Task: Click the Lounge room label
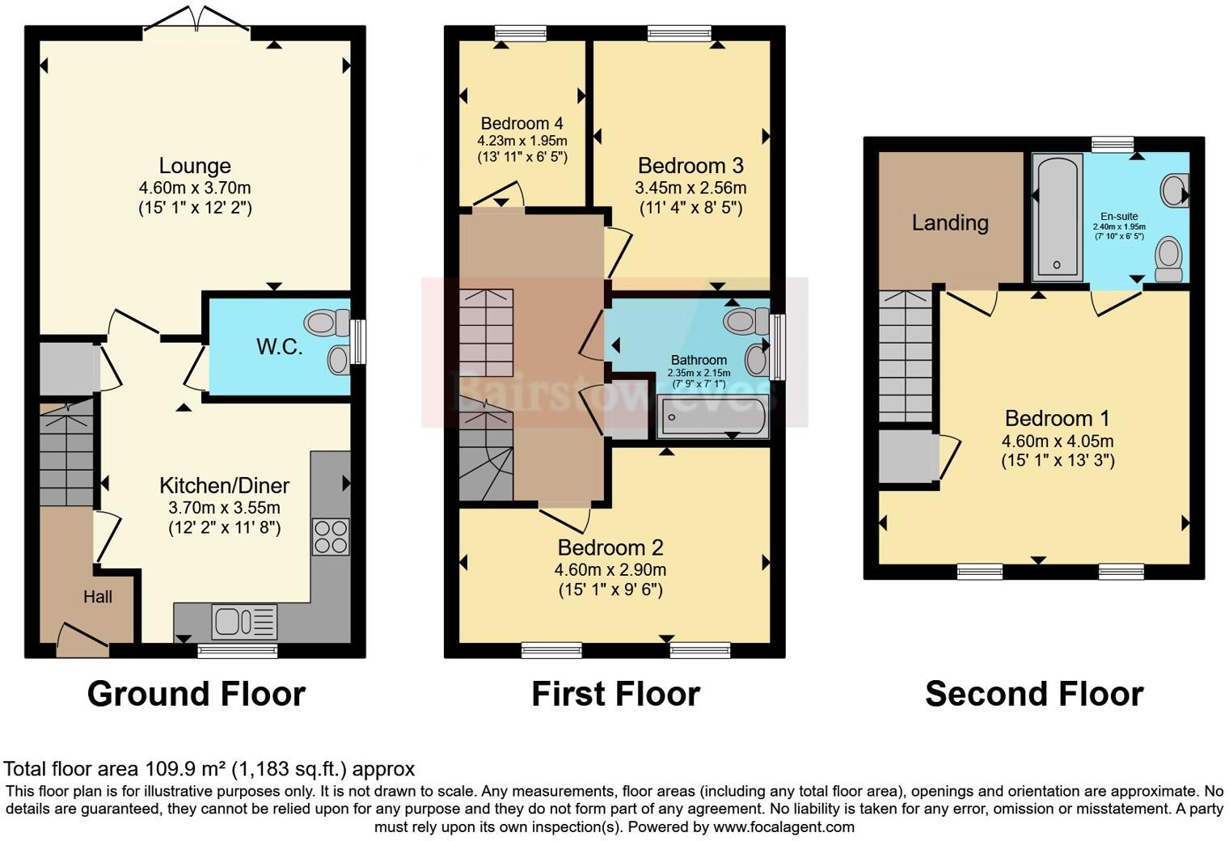(195, 166)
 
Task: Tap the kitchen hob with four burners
(331, 536)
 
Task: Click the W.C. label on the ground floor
(280, 347)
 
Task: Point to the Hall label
(98, 597)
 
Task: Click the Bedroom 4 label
(522, 124)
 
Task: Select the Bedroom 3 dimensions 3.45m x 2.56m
(691, 188)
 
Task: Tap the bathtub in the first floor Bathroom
(712, 417)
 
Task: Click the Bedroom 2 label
(610, 547)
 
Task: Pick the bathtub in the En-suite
(1058, 217)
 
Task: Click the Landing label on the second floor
(950, 222)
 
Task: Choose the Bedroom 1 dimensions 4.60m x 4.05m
(1058, 442)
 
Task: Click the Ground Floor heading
(196, 694)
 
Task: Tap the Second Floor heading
(1034, 694)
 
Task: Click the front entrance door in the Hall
(82, 637)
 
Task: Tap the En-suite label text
(1119, 217)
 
